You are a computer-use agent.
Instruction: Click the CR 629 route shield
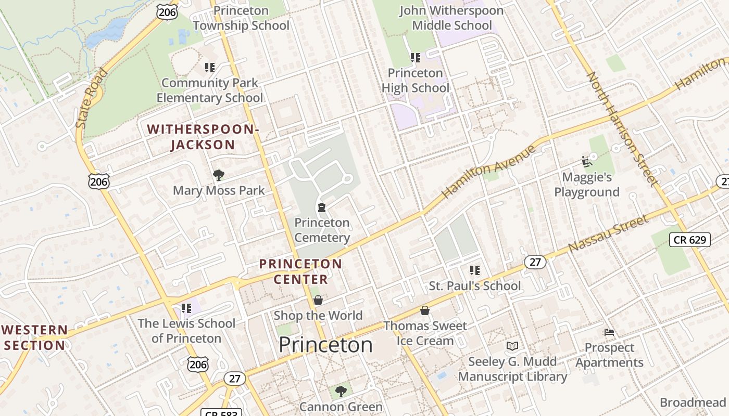[689, 240]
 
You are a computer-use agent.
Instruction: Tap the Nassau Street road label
[609, 233]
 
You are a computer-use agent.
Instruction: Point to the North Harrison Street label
[622, 128]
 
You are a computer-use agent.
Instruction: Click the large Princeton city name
[325, 345]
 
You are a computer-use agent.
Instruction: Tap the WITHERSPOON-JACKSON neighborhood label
[203, 137]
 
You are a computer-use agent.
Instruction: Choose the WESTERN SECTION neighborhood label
[35, 337]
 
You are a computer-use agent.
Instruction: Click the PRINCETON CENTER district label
[301, 271]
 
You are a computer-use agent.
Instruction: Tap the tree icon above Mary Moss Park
[219, 175]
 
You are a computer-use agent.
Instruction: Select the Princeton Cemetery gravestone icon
[322, 207]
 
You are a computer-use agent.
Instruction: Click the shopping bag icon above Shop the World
[318, 300]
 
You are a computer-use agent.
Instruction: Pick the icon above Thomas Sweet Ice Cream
[425, 310]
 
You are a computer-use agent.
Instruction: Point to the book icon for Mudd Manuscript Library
[512, 346]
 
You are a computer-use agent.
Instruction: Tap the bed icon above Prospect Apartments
[609, 332]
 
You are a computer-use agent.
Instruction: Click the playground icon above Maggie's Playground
[586, 162]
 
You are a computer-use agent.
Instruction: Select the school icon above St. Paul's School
[474, 270]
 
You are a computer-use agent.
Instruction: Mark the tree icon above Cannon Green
[341, 391]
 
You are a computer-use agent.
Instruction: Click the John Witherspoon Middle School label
[451, 18]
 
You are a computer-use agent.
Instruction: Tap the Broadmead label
[693, 402]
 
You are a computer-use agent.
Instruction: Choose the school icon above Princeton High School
[415, 58]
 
